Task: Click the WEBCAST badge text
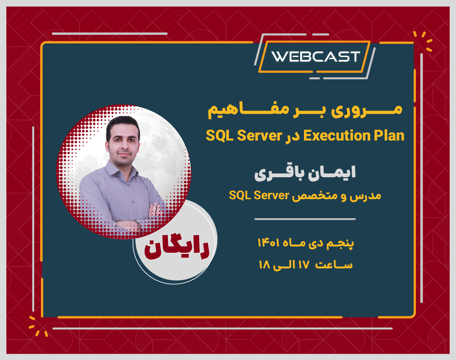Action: [315, 57]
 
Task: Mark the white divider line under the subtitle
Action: [305, 219]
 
